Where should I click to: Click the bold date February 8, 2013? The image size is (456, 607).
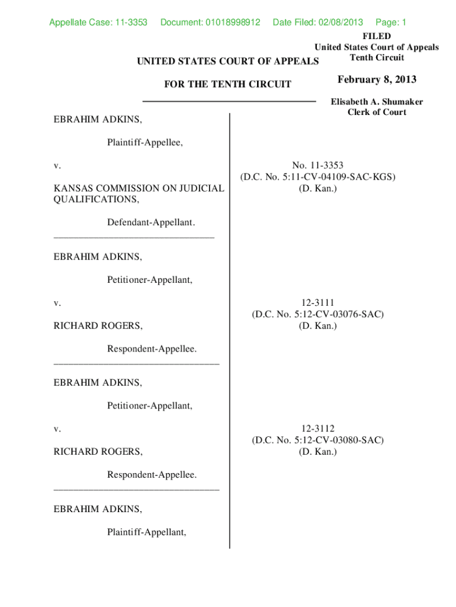click(x=377, y=79)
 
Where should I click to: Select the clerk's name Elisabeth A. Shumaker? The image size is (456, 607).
click(x=377, y=102)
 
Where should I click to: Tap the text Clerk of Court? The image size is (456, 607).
click(x=377, y=112)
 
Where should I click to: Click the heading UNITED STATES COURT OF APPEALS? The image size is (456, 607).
click(x=227, y=61)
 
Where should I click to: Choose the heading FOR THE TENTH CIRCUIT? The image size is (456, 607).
click(x=227, y=84)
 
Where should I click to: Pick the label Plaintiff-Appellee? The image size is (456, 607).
click(x=145, y=142)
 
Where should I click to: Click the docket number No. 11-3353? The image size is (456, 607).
click(x=317, y=165)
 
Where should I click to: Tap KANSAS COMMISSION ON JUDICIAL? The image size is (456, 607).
click(x=139, y=189)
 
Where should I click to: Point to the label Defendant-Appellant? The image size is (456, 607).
click(x=151, y=222)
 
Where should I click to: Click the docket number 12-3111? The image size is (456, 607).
click(x=317, y=303)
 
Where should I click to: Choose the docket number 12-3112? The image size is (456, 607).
click(x=317, y=429)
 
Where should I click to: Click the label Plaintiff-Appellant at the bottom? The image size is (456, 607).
click(x=146, y=532)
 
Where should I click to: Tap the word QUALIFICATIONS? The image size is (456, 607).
click(x=97, y=200)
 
